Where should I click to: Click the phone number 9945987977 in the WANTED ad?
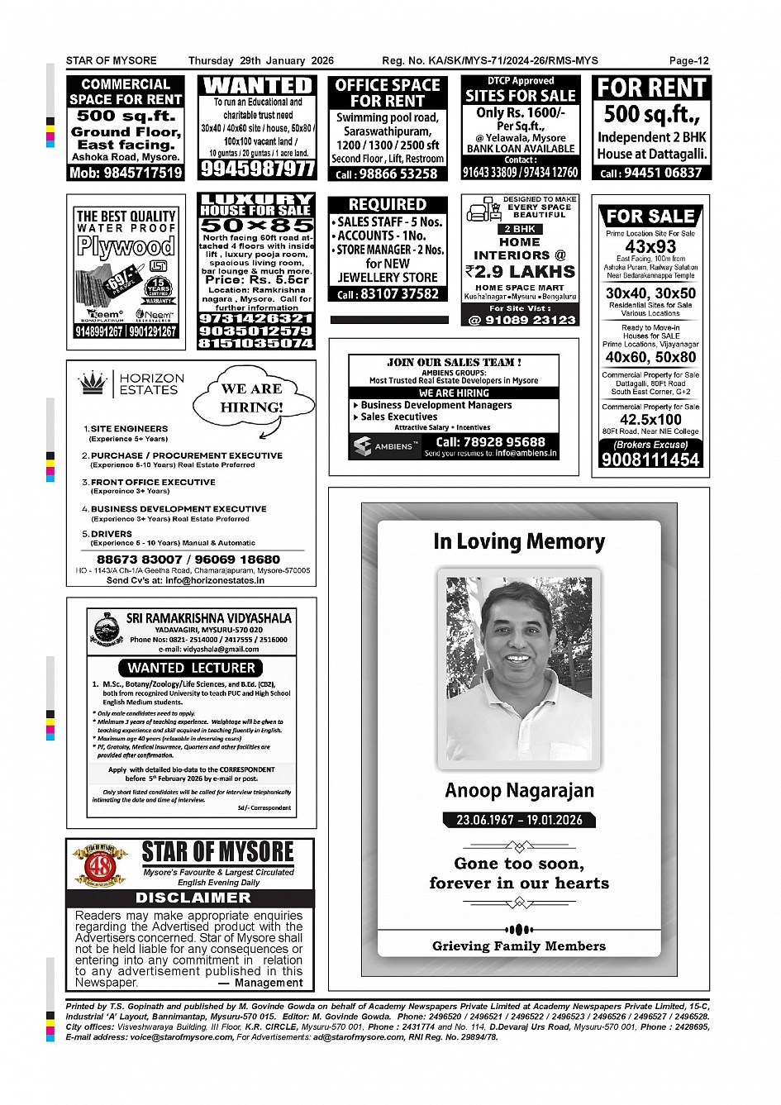click(257, 169)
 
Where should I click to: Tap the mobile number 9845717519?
click(126, 173)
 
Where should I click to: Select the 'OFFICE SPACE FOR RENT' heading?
click(388, 93)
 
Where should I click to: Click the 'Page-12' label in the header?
click(688, 60)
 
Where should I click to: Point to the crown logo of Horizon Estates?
click(93, 383)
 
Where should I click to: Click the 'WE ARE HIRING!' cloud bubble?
click(251, 398)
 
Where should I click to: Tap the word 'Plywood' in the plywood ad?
click(126, 246)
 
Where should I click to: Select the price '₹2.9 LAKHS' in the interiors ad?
click(520, 271)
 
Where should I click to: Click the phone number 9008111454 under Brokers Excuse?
click(650, 460)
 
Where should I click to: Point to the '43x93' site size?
click(650, 247)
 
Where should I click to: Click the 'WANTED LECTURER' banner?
click(191, 667)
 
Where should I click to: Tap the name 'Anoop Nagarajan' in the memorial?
click(519, 790)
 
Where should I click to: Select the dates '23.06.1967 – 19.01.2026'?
click(519, 820)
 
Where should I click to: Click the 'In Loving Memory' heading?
click(519, 542)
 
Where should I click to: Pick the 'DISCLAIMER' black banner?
click(192, 898)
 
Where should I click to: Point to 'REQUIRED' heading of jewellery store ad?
click(387, 204)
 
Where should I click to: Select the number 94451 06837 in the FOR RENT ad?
click(651, 173)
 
